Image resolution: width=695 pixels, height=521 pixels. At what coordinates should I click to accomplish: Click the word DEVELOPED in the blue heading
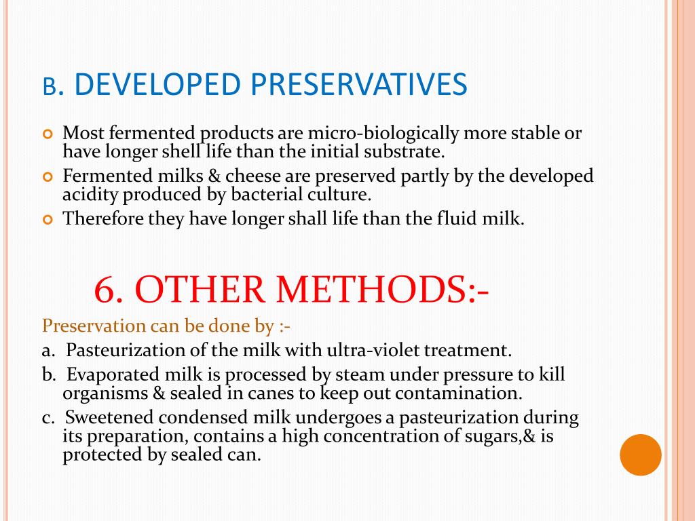coord(158,85)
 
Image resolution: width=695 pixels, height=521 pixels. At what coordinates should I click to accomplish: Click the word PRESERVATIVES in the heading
coord(360,85)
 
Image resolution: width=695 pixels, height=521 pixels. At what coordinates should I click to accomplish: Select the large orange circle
coord(641,455)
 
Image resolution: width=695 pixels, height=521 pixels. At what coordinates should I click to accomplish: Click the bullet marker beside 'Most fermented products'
coord(48,134)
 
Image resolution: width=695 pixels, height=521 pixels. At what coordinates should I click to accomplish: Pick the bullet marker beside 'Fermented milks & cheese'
coord(48,178)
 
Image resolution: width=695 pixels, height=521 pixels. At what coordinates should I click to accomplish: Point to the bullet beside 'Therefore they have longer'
coord(48,220)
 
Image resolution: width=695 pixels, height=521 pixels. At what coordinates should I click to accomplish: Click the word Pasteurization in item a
coord(121,351)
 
